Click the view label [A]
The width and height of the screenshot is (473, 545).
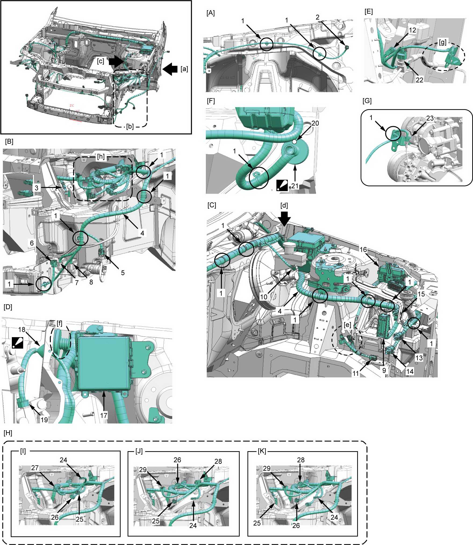pyautogui.click(x=210, y=13)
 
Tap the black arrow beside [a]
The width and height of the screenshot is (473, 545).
pyautogui.click(x=170, y=69)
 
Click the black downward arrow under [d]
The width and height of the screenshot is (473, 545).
pyautogui.click(x=284, y=218)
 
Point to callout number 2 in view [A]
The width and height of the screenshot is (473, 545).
pyautogui.click(x=317, y=17)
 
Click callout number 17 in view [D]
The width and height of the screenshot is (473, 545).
pyautogui.click(x=104, y=415)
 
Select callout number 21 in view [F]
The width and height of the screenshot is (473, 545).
pyautogui.click(x=295, y=186)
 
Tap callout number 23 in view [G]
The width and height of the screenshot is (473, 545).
pyautogui.click(x=430, y=118)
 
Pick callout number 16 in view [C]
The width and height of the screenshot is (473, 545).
pyautogui.click(x=363, y=250)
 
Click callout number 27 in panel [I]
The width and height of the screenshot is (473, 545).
pyautogui.click(x=35, y=468)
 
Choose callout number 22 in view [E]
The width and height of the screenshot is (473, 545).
pyautogui.click(x=419, y=80)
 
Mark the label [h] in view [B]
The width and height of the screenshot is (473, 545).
pyautogui.click(x=101, y=156)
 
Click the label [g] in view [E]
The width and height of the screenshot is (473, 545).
pyautogui.click(x=442, y=42)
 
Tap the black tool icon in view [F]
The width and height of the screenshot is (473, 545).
pyautogui.click(x=282, y=186)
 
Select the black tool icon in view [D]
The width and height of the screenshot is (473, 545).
pyautogui.click(x=17, y=343)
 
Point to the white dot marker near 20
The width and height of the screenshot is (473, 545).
pyautogui.click(x=295, y=141)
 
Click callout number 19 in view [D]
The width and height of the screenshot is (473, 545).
pyautogui.click(x=44, y=420)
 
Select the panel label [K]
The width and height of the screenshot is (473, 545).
pyautogui.click(x=262, y=451)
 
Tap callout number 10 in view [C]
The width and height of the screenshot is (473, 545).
pyautogui.click(x=263, y=297)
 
